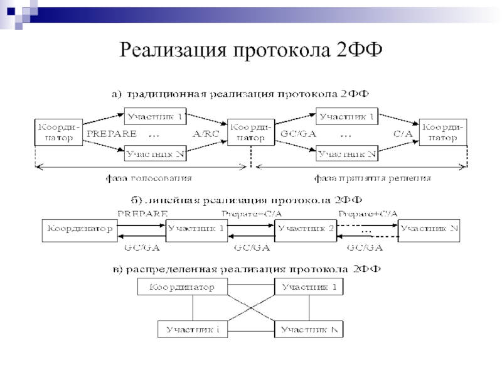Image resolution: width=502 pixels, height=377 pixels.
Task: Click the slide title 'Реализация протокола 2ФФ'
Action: (x=250, y=48)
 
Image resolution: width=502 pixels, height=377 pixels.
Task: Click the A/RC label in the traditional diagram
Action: (x=206, y=134)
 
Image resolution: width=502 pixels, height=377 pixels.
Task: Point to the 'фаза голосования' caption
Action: (x=147, y=178)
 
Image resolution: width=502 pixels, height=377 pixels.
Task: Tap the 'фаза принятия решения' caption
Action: (x=372, y=178)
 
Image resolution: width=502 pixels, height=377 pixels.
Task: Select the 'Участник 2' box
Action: (x=306, y=229)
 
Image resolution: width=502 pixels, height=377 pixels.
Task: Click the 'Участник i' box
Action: (x=193, y=329)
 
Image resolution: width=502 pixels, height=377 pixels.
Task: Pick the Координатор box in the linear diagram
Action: (x=78, y=229)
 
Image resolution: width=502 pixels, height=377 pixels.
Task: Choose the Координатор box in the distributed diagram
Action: (x=181, y=288)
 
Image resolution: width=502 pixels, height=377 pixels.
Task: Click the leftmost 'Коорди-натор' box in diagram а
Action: (x=59, y=131)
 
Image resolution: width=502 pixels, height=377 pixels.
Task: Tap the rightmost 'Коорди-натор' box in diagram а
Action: (x=442, y=132)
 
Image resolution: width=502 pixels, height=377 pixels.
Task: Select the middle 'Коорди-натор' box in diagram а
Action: (x=251, y=132)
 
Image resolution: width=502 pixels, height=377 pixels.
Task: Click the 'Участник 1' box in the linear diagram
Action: (x=196, y=229)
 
